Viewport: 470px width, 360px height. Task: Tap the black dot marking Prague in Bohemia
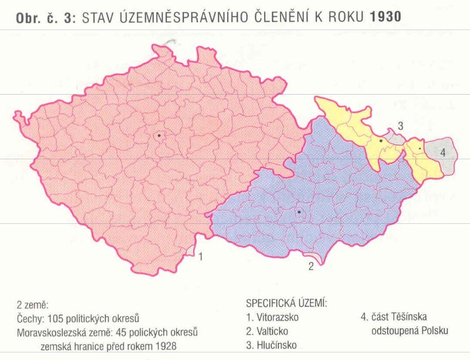159,135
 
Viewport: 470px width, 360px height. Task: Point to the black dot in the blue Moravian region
299,213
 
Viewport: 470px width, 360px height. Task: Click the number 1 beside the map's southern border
200,256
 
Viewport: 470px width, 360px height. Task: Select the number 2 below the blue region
310,266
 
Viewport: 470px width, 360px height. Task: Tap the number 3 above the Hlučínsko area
400,126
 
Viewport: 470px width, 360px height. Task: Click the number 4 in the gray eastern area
442,152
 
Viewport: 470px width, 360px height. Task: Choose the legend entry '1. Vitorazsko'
272,317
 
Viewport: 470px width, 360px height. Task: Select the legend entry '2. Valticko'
269,331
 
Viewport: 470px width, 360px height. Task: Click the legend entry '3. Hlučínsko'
272,344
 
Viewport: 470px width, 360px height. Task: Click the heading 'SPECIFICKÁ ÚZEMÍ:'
287,303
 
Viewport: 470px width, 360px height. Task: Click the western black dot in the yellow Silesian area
381,141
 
